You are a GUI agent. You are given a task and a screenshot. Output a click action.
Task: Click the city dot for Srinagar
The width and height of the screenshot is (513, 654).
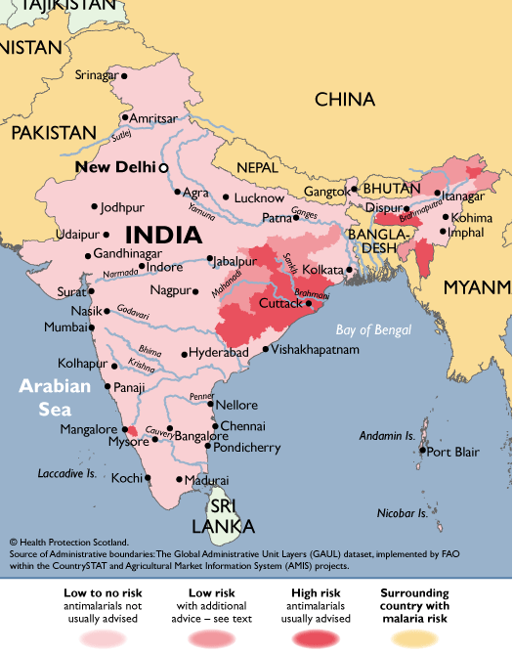(x=124, y=75)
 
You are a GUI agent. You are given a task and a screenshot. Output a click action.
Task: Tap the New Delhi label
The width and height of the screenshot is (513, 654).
(x=115, y=167)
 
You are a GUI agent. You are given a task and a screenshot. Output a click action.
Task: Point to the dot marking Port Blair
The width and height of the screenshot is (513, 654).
(x=422, y=452)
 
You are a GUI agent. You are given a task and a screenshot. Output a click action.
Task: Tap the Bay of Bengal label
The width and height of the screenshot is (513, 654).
(x=373, y=329)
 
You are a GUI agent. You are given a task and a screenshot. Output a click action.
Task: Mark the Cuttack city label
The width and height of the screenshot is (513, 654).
(x=280, y=304)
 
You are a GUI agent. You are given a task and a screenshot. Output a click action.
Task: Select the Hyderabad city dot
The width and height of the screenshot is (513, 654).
(x=184, y=353)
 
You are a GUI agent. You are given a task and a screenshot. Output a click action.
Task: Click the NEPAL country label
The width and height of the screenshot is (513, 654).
(x=257, y=166)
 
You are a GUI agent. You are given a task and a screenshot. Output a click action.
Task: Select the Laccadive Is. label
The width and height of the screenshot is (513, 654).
(x=66, y=473)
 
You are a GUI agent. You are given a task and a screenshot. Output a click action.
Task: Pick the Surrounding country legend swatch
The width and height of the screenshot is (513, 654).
(x=426, y=637)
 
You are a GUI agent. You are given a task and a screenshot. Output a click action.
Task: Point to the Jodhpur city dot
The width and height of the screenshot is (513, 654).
(x=95, y=207)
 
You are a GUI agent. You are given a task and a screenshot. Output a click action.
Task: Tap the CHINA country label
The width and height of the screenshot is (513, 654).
(x=344, y=99)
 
